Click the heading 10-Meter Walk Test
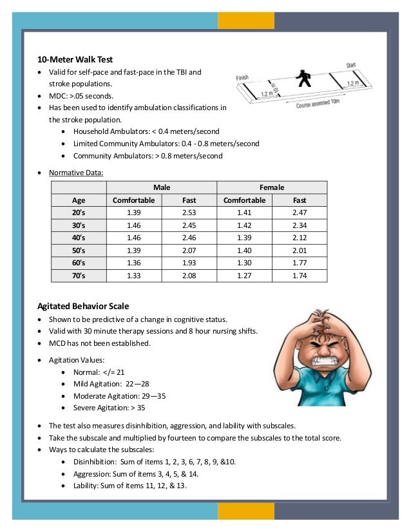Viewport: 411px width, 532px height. (75, 59)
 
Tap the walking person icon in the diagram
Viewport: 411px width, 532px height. (303, 80)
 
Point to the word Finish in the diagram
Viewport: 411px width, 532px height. (242, 78)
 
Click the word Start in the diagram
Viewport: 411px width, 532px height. (351, 65)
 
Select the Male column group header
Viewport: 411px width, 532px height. (162, 187)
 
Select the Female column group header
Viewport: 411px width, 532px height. (272, 187)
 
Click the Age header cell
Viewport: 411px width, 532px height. (79, 200)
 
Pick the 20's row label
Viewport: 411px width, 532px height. (79, 213)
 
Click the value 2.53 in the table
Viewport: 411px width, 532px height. (189, 213)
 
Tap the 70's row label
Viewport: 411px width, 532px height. (79, 276)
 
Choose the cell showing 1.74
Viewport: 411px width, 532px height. (300, 276)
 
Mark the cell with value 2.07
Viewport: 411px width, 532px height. (189, 251)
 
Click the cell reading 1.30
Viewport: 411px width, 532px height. (244, 263)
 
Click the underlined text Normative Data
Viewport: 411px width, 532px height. (76, 172)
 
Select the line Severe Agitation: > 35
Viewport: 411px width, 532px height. (109, 408)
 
